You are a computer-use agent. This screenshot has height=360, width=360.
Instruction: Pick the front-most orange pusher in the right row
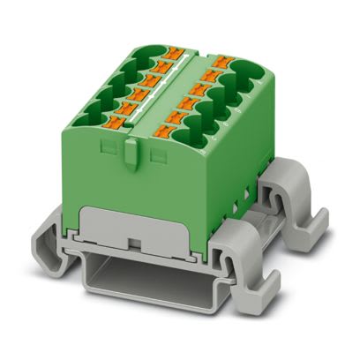pyautogui.click(x=164, y=132)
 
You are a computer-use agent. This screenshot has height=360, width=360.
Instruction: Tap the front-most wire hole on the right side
pyautogui.click(x=206, y=139)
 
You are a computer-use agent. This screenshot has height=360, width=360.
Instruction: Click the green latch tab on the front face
pyautogui.click(x=132, y=155)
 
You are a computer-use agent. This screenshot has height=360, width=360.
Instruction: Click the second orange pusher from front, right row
pyautogui.click(x=176, y=118)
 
